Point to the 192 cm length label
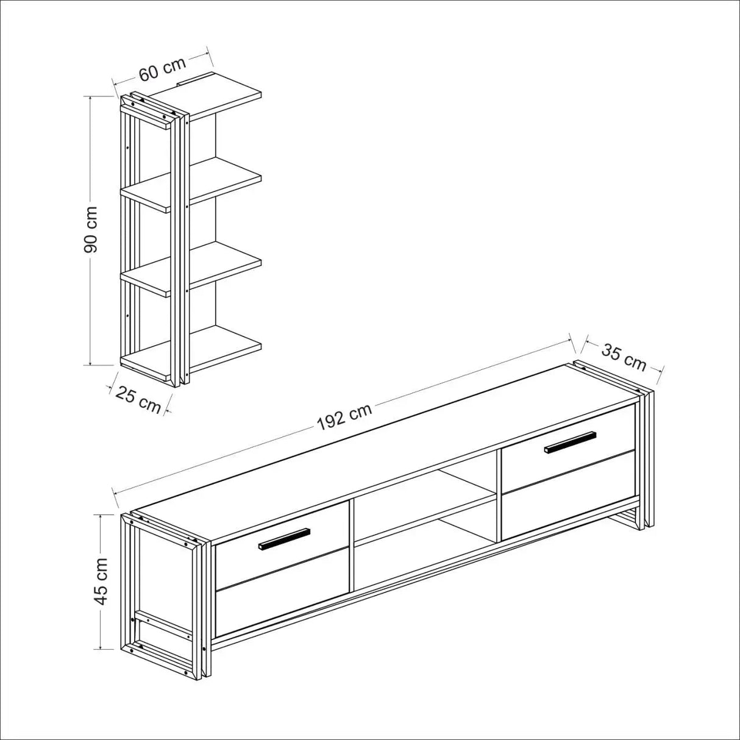[x=344, y=417]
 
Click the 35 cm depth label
[x=624, y=357]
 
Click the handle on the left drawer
[x=284, y=538]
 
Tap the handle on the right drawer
[x=571, y=442]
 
